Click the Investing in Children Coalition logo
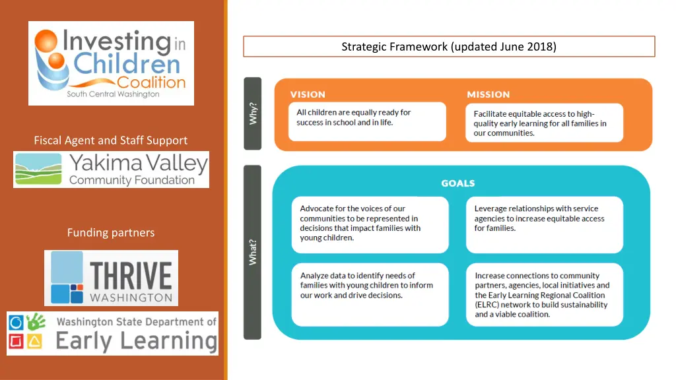coord(111,63)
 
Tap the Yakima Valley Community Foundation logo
coord(111,170)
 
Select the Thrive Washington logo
coord(111,278)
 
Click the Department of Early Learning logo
coord(112,333)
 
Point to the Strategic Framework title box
coord(449,47)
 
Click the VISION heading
coord(308,94)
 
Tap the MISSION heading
coord(489,94)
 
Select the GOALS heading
coord(458,183)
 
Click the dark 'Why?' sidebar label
coord(253,113)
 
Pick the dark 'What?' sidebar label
coord(253,253)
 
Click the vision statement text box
coord(367,121)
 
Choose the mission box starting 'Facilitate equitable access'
coord(544,123)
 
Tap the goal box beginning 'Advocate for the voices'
coord(370,225)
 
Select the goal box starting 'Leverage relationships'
coord(545,225)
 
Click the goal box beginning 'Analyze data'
coord(370,295)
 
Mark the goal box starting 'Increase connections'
coord(545,295)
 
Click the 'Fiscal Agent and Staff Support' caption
coord(111,141)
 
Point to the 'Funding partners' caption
coord(111,233)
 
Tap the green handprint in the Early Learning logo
coord(36,321)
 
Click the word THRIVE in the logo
coord(131,276)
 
